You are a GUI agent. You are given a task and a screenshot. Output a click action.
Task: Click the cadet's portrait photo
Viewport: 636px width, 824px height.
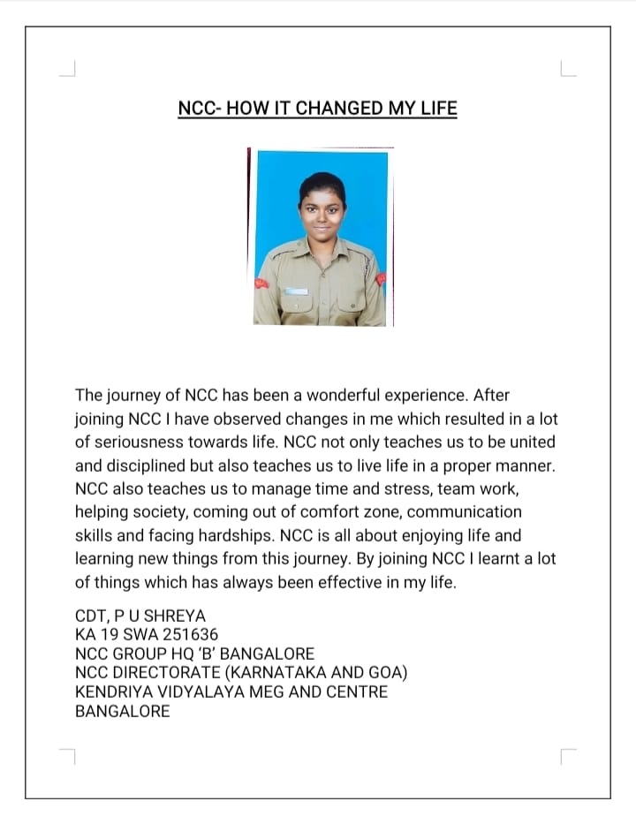pos(321,237)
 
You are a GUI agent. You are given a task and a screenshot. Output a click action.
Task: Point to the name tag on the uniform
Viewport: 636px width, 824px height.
pos(297,291)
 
